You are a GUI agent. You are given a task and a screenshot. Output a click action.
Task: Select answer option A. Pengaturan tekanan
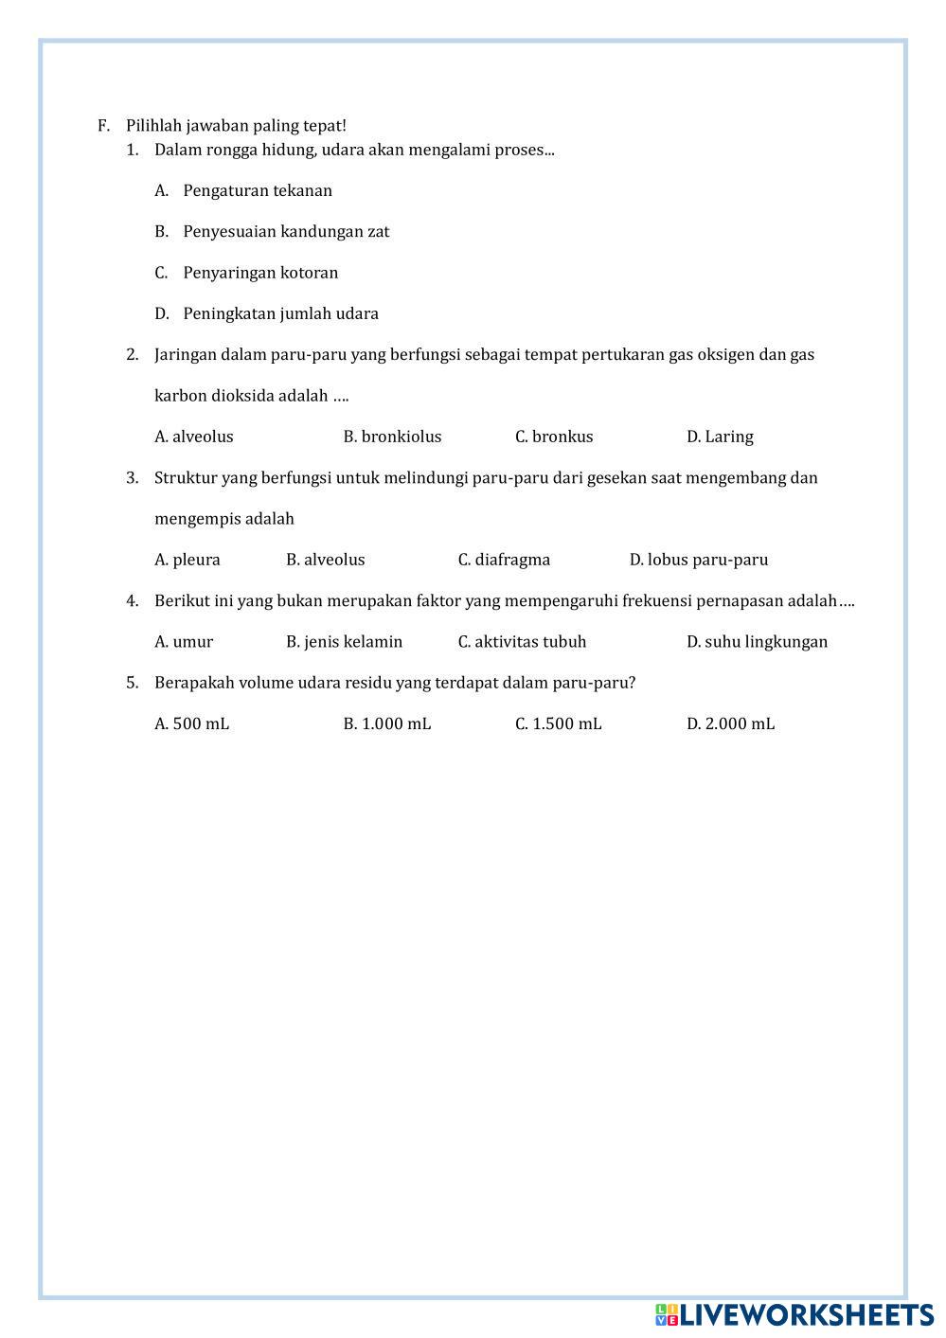(x=257, y=190)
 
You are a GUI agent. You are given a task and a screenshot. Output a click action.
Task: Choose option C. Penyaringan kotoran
(x=259, y=273)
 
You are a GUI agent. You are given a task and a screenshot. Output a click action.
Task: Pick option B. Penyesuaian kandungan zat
(x=285, y=231)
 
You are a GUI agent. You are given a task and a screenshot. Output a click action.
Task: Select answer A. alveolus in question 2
(x=194, y=437)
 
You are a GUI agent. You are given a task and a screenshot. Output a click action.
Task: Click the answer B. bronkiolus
(x=392, y=437)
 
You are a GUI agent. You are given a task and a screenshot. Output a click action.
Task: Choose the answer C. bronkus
(x=554, y=437)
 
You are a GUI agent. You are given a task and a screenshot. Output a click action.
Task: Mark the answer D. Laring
(x=720, y=437)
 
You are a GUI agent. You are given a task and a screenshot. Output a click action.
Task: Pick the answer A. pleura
(x=187, y=560)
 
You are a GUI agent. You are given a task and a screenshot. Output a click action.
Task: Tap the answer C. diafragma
(x=504, y=560)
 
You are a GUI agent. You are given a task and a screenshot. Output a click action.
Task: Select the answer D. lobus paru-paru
(x=699, y=560)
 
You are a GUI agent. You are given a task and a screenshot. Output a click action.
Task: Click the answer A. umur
(x=184, y=642)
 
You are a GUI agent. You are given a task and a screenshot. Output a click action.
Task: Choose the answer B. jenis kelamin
(x=344, y=642)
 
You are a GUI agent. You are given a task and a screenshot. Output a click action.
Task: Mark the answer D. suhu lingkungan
(x=757, y=642)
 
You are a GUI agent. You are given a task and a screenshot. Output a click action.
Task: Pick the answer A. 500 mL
(x=192, y=724)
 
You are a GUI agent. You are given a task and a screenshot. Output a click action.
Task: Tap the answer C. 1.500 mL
(x=558, y=724)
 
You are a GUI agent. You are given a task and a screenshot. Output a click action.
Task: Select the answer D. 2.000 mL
(x=730, y=724)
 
